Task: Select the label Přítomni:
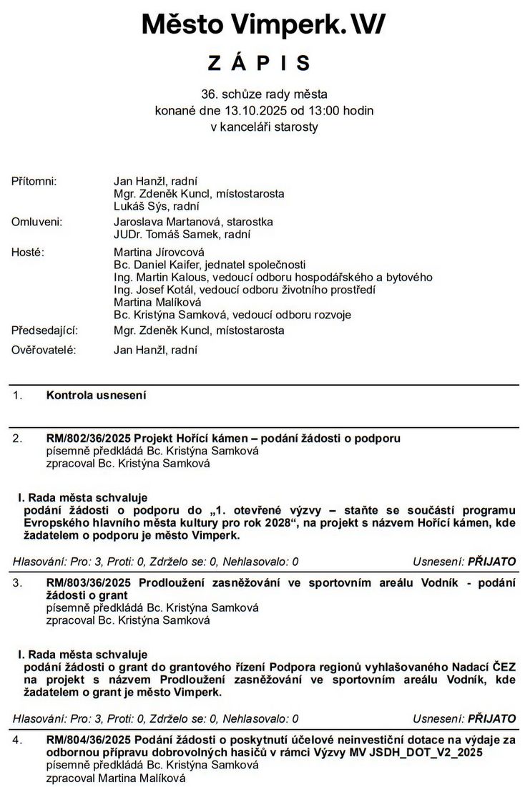click(x=34, y=182)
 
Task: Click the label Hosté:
click(x=28, y=252)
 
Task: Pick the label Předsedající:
click(x=44, y=331)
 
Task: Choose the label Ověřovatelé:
click(x=44, y=350)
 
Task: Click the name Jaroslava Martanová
click(x=163, y=222)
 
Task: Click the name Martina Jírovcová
click(x=159, y=252)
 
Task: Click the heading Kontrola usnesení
click(x=96, y=395)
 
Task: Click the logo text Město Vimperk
click(x=240, y=24)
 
